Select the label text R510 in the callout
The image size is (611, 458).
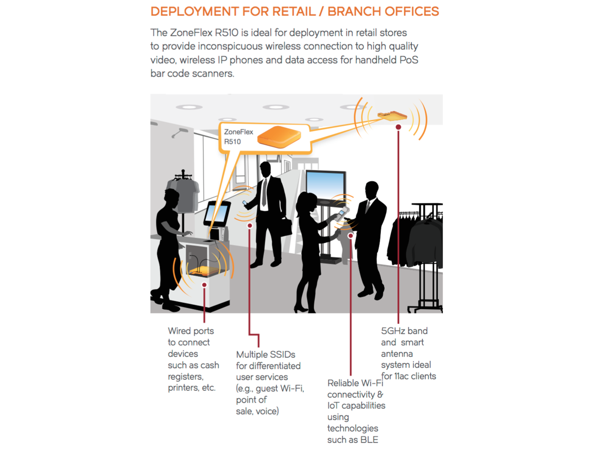tap(232, 142)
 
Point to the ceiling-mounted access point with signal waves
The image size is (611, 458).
tap(392, 115)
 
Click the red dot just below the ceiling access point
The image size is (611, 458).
tap(398, 127)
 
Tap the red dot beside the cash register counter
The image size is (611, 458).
tap(204, 285)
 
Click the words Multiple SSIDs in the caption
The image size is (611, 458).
tap(265, 354)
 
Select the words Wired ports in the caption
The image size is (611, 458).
tap(190, 331)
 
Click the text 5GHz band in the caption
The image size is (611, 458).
tap(404, 331)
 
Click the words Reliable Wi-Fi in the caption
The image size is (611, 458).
tap(355, 383)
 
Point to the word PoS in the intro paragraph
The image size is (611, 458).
tap(409, 60)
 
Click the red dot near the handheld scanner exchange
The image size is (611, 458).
tap(350, 236)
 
